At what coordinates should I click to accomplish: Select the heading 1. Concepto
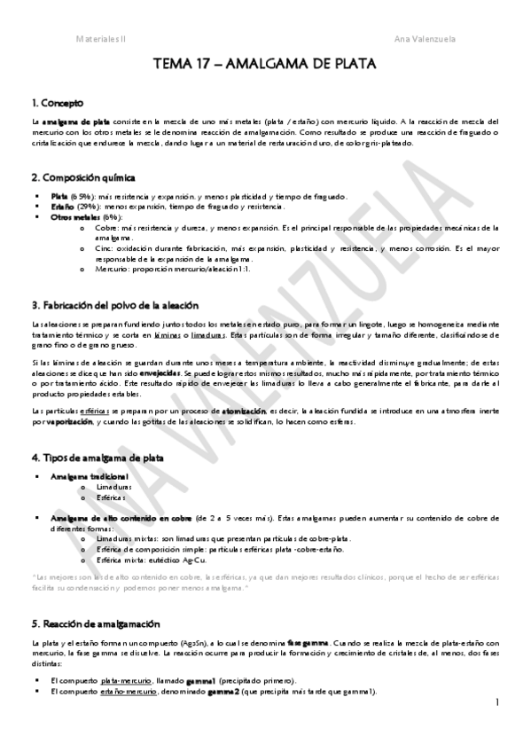pyautogui.click(x=59, y=103)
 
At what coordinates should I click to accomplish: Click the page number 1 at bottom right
pyautogui.click(x=498, y=702)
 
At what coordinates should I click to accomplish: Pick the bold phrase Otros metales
pyautogui.click(x=75, y=216)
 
